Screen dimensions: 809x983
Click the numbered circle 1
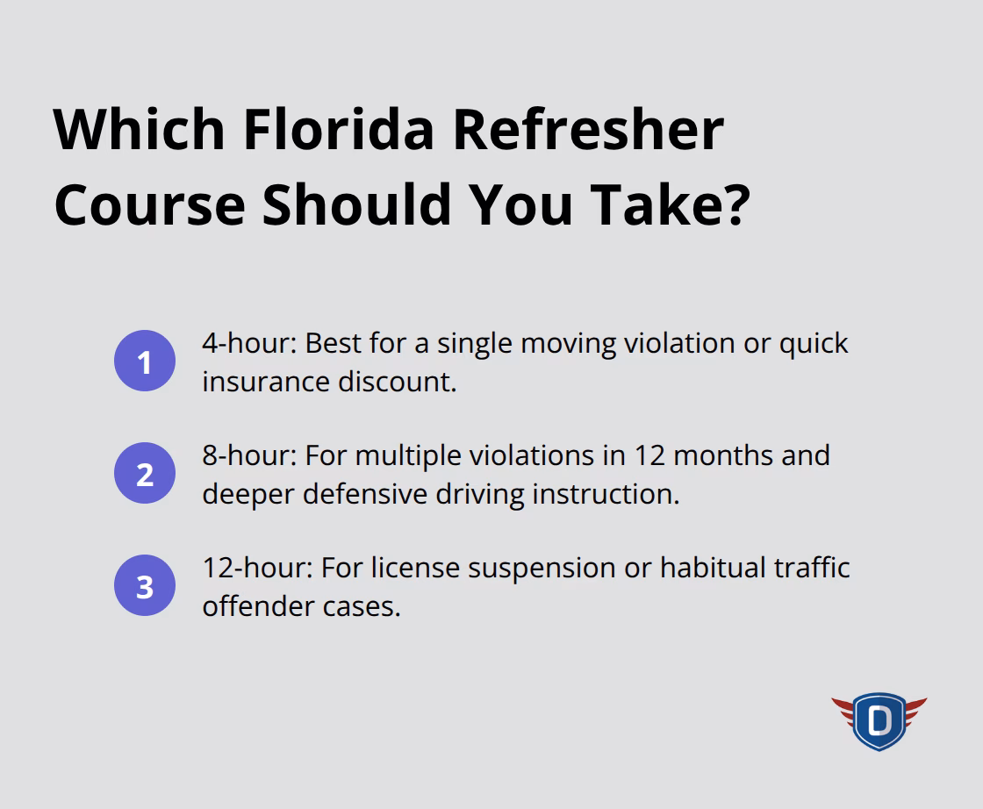145,362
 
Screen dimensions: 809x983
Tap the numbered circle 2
145,474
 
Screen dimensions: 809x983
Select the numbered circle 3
145,586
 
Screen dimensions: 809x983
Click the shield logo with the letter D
879,721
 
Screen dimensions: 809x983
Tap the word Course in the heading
149,204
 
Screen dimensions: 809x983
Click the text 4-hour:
249,343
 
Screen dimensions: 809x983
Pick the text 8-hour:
249,455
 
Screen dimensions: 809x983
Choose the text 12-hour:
257,568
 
